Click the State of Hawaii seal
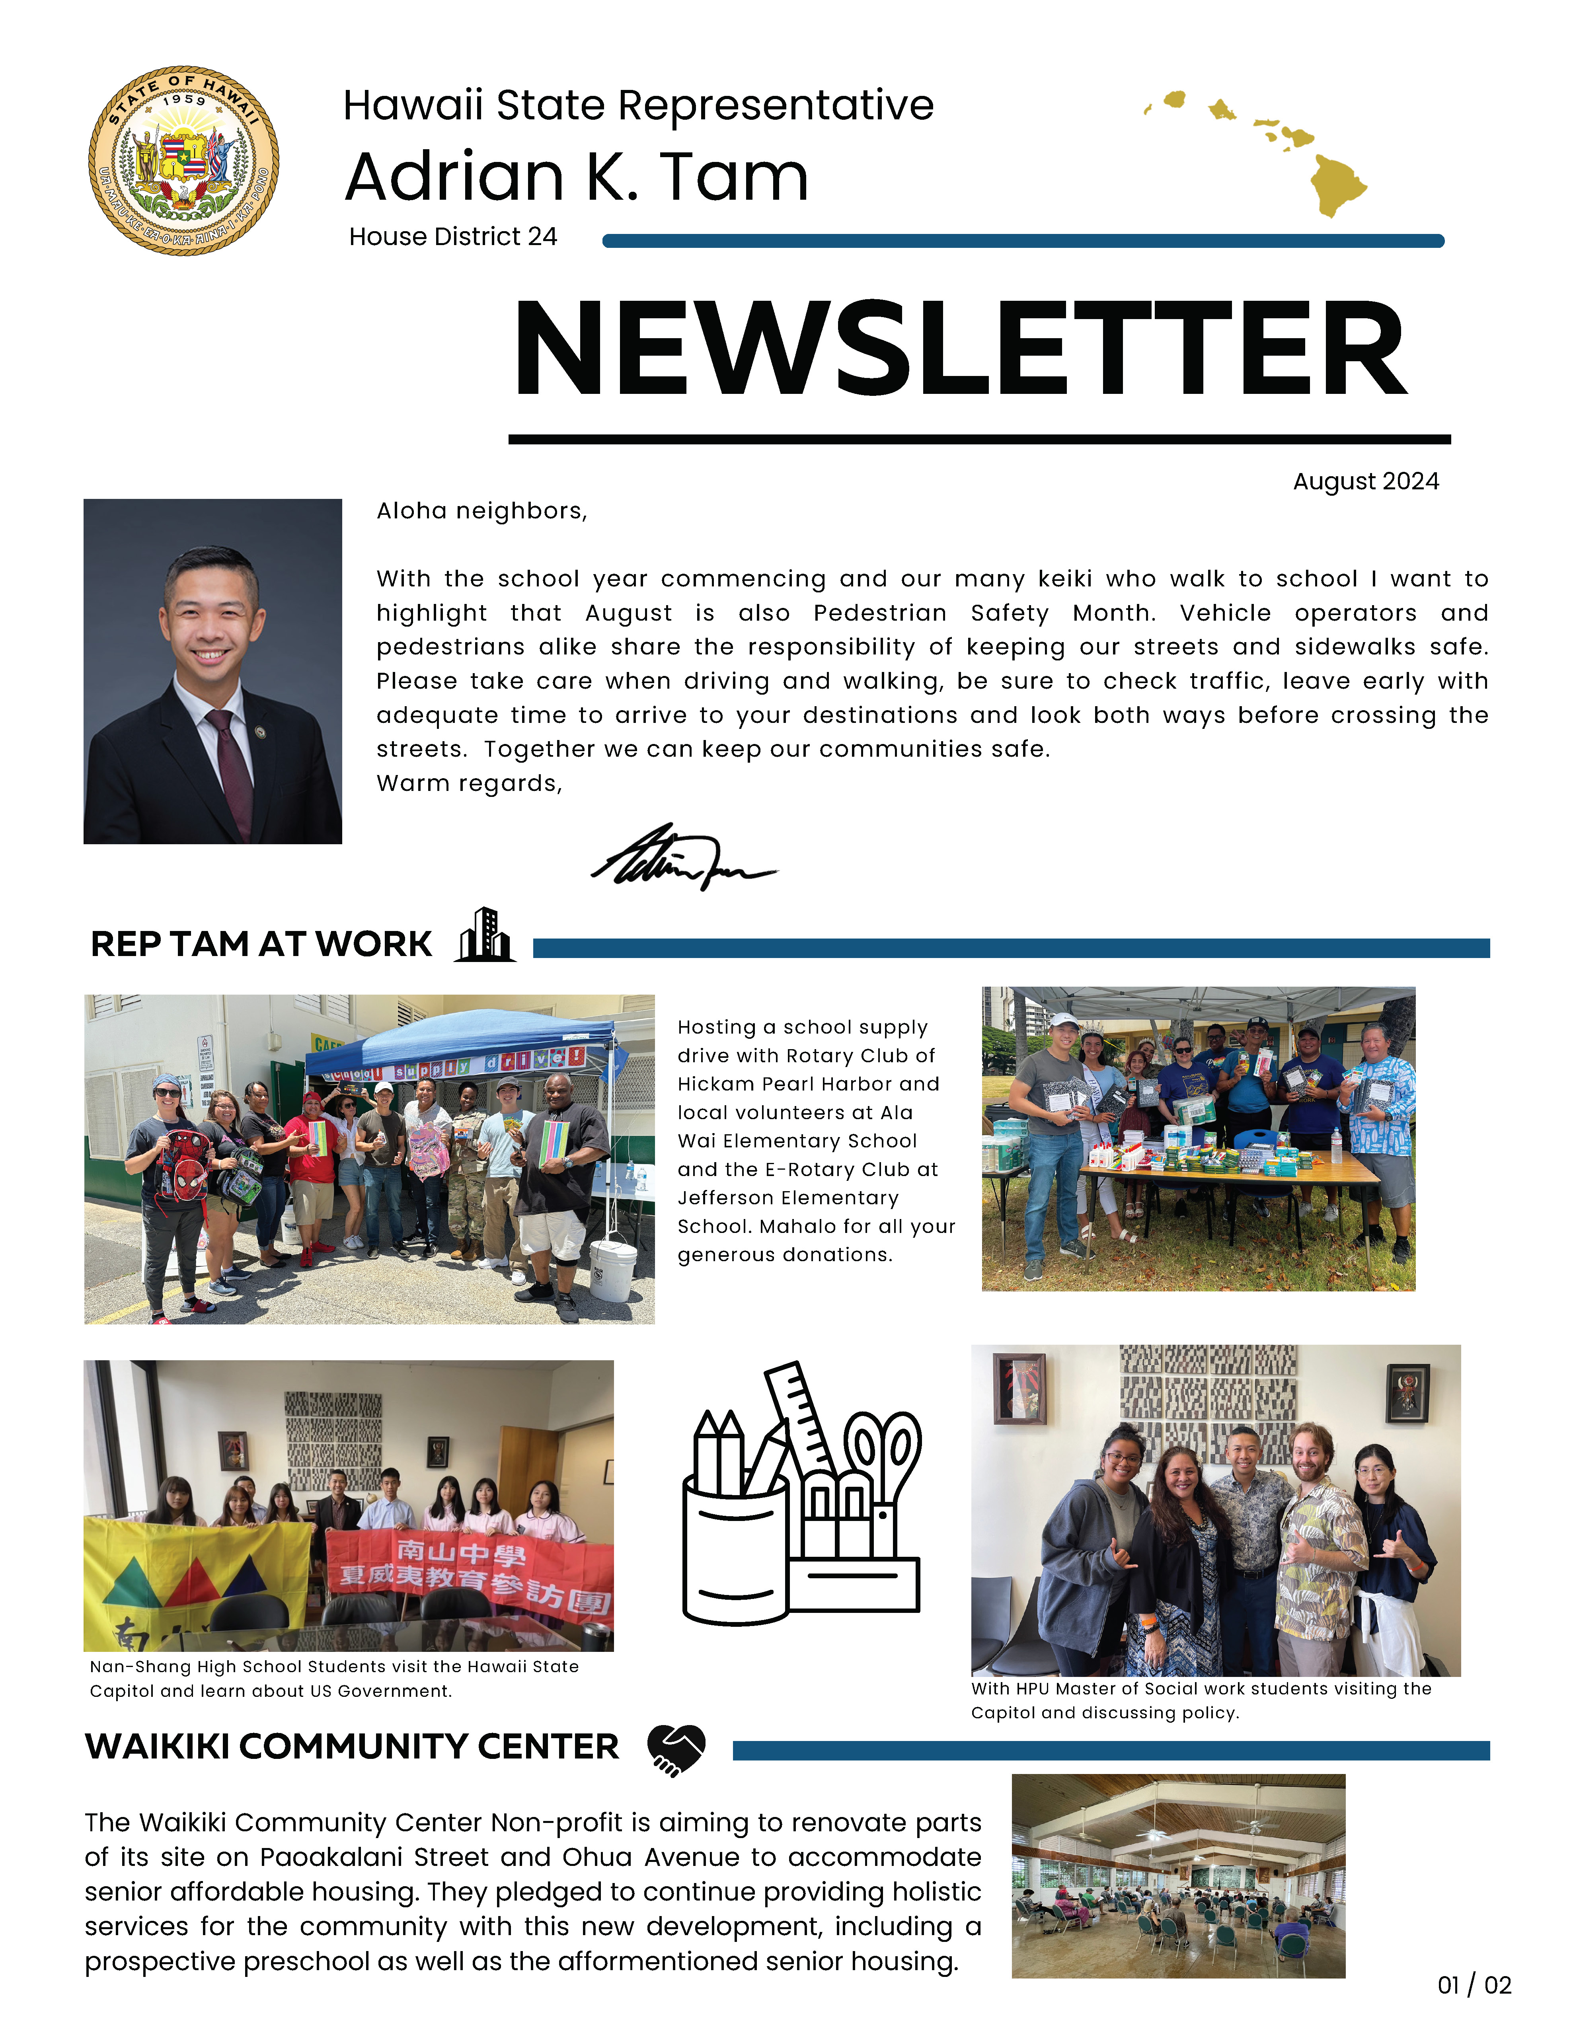tap(183, 160)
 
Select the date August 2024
tap(1365, 482)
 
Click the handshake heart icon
tap(676, 1749)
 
